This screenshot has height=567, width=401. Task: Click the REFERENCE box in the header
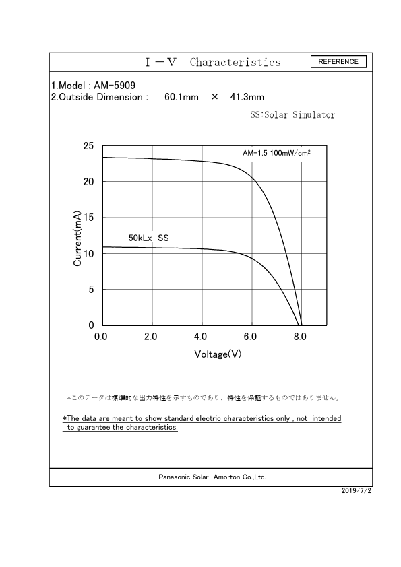tap(338, 62)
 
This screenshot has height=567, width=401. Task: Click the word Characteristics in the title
tap(235, 63)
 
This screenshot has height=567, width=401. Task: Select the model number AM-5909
tap(114, 86)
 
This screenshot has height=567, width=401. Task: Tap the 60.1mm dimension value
tap(181, 97)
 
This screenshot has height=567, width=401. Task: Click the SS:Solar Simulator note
tap(292, 115)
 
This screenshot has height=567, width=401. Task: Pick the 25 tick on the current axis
tap(88, 146)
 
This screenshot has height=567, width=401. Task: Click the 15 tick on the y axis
tap(88, 218)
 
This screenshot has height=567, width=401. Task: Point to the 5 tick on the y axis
tap(91, 290)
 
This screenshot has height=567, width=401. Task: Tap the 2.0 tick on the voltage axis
tap(151, 336)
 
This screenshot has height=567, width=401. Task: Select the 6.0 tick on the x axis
tap(251, 336)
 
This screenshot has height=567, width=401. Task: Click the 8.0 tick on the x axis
tap(301, 336)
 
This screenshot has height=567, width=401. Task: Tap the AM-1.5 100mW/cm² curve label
tap(276, 154)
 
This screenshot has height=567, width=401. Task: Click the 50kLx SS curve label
tap(148, 238)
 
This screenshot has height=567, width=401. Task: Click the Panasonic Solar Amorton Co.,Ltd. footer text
tap(212, 477)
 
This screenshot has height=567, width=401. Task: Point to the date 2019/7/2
tap(357, 490)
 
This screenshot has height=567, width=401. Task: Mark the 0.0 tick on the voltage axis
tap(101, 336)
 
